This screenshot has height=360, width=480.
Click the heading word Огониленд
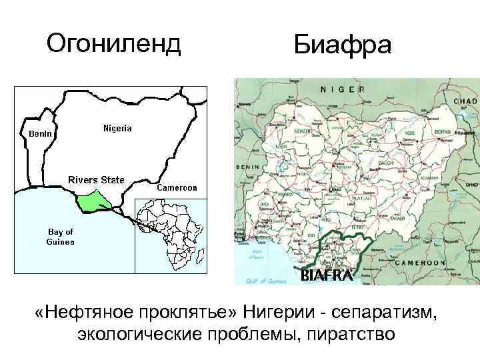point(114,44)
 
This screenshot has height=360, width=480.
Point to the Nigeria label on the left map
point(117,127)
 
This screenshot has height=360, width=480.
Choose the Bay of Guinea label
point(60,237)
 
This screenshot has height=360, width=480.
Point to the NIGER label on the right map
point(343,89)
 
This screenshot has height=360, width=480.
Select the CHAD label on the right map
point(465,100)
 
